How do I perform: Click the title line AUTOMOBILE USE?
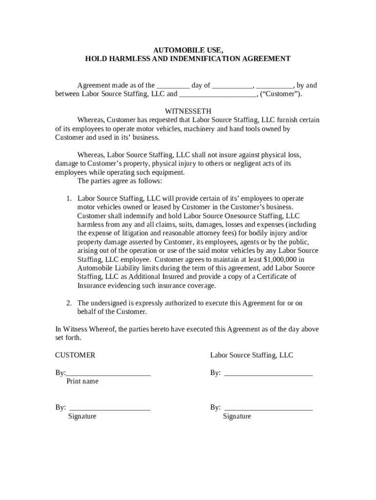pyautogui.click(x=188, y=50)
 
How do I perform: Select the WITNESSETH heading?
pyautogui.click(x=188, y=111)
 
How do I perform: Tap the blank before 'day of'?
pyautogui.click(x=173, y=86)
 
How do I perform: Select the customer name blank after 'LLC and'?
pyautogui.click(x=218, y=95)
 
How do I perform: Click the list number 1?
pyautogui.click(x=69, y=199)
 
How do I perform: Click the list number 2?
pyautogui.click(x=69, y=303)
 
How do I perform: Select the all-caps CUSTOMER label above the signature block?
pyautogui.click(x=75, y=355)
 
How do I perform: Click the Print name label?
pyautogui.click(x=82, y=381)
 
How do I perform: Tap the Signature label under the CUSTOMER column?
pyautogui.click(x=82, y=417)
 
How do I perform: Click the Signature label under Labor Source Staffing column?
pyautogui.click(x=237, y=417)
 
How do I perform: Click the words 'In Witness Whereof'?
pyautogui.click(x=85, y=329)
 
